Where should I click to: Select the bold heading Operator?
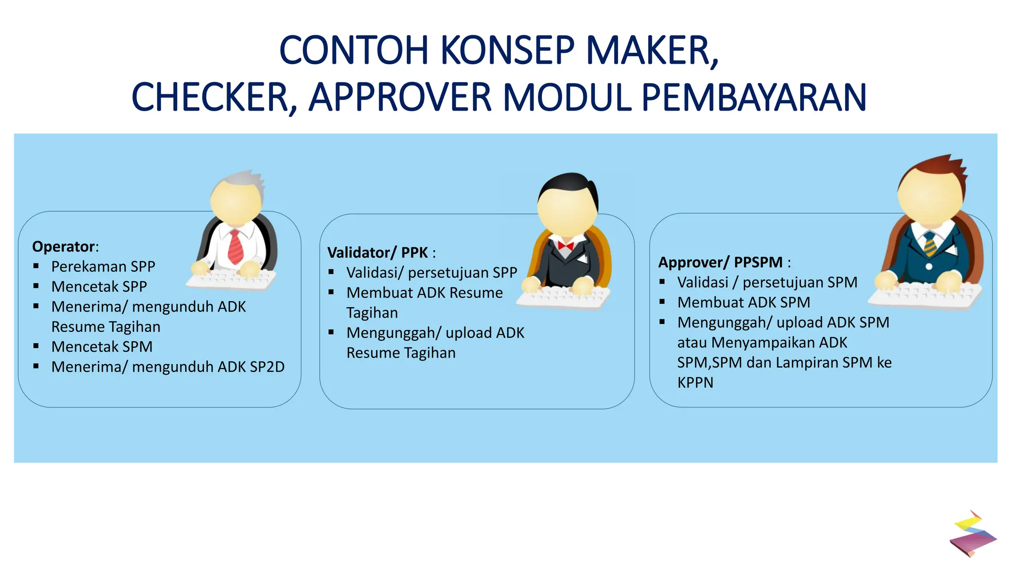pos(64,246)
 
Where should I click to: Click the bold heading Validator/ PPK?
pos(377,252)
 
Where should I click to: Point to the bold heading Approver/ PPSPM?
pos(720,262)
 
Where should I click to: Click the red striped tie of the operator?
pos(235,247)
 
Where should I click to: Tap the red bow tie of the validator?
pos(565,245)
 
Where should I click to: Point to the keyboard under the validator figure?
pos(564,296)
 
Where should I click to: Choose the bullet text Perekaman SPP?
pos(103,267)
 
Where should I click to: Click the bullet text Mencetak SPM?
pos(102,347)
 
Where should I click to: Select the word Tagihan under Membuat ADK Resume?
pos(372,313)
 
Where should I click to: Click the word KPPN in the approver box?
pos(695,383)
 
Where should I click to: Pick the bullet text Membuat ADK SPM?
pos(743,302)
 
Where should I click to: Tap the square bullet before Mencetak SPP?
pos(36,286)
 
